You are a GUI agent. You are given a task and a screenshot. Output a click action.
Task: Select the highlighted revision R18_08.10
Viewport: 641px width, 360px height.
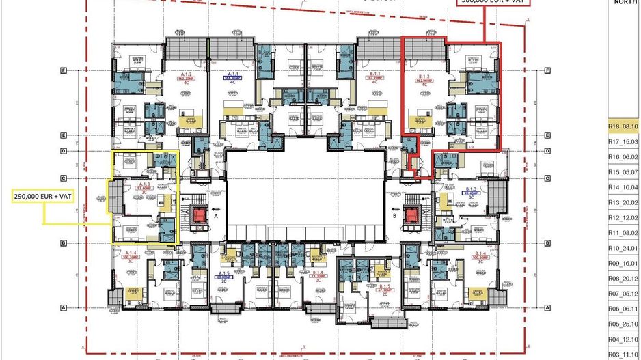623,126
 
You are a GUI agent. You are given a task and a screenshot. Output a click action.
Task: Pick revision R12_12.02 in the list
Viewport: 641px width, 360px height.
623,217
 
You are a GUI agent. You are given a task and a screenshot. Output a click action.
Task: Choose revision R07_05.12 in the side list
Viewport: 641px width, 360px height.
623,294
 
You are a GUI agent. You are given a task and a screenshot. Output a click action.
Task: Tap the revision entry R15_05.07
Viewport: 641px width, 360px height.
623,172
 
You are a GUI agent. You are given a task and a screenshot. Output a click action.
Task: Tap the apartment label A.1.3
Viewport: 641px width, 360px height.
144,185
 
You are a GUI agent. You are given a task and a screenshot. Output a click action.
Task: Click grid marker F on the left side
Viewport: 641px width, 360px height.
63,70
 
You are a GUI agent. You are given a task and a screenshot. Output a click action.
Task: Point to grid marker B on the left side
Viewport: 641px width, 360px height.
63,243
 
